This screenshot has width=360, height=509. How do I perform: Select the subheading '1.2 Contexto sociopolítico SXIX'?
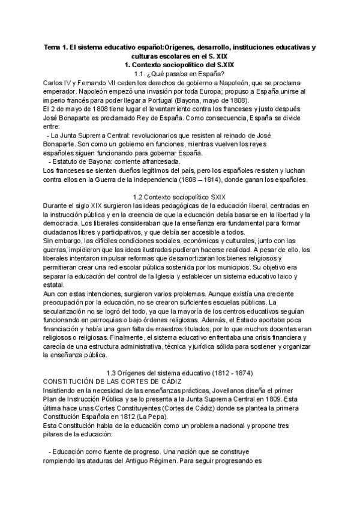(x=179, y=197)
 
